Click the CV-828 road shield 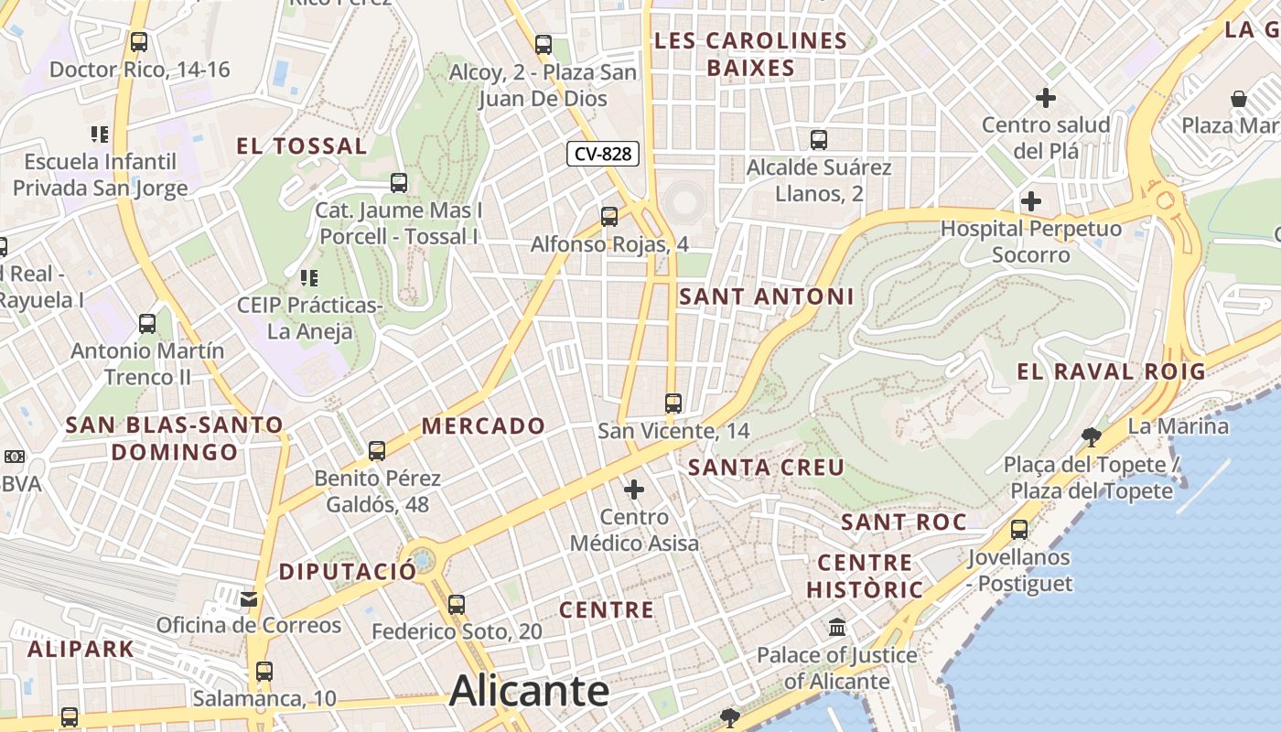[602, 154]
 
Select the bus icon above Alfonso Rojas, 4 [609, 217]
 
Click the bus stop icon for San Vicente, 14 [673, 403]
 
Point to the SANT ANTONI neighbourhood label [767, 296]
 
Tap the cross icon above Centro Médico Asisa [634, 490]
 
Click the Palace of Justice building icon [837, 628]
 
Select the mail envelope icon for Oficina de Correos [249, 599]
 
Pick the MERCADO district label [483, 425]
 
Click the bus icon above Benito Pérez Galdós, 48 [377, 450]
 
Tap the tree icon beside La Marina [1091, 435]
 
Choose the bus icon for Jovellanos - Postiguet [1019, 529]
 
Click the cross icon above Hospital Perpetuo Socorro [1031, 201]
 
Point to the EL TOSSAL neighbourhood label [302, 145]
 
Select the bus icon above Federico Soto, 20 [457, 604]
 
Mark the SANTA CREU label [767, 468]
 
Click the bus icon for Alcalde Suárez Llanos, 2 [819, 140]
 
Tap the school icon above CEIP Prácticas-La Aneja [309, 276]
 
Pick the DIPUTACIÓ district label [348, 572]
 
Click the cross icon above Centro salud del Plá [1046, 97]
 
